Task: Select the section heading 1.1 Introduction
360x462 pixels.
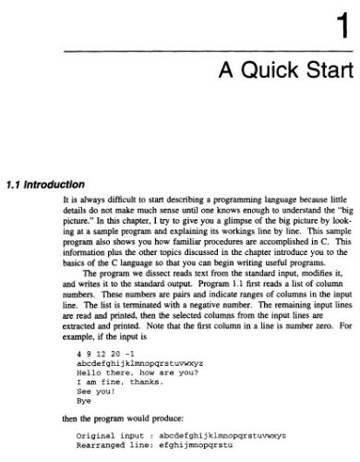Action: coord(46,182)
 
